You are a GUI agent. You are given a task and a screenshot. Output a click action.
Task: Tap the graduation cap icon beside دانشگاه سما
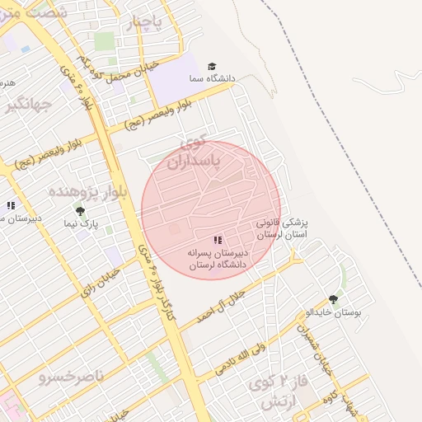212,66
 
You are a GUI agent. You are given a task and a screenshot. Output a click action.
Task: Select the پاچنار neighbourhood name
149,25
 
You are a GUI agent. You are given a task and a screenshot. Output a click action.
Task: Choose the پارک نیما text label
82,223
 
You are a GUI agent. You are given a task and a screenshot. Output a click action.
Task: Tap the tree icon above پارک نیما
80,211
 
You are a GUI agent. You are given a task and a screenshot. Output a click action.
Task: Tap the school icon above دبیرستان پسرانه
218,240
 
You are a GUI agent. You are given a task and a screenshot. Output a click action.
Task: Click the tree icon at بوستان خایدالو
333,300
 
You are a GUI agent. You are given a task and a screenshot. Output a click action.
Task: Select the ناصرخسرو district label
71,377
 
